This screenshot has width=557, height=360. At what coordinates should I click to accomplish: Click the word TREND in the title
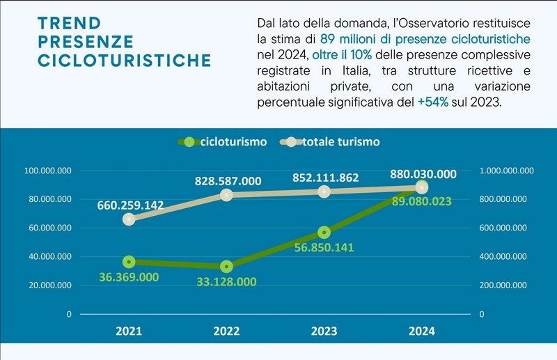(69, 24)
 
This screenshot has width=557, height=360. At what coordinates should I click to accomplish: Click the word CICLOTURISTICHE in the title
(125, 61)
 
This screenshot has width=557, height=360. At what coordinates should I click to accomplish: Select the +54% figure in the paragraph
(433, 102)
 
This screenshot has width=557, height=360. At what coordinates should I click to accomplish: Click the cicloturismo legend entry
(223, 142)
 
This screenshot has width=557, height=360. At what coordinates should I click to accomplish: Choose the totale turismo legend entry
(330, 142)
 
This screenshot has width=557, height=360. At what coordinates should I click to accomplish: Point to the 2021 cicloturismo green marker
(129, 263)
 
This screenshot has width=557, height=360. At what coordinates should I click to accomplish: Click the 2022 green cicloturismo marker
(227, 267)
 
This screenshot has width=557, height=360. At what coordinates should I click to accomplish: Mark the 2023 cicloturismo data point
(324, 233)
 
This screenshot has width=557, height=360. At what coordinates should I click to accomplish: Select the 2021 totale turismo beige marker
(129, 219)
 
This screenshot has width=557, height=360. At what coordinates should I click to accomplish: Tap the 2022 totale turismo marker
(227, 195)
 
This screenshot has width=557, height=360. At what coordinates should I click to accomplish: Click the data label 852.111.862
(326, 178)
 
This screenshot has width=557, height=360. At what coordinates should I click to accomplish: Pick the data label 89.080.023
(422, 201)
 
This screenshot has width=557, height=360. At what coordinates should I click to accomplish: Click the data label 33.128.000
(227, 282)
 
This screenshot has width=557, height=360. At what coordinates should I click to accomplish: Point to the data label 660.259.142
(130, 205)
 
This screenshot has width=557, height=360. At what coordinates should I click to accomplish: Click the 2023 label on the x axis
(324, 331)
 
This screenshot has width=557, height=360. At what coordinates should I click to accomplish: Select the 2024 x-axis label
(422, 331)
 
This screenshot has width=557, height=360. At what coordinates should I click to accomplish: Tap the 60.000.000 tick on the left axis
(50, 228)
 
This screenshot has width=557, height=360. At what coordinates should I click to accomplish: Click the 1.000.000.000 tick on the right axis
(507, 171)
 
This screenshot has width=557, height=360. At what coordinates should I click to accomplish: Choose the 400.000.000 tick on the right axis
(503, 256)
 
